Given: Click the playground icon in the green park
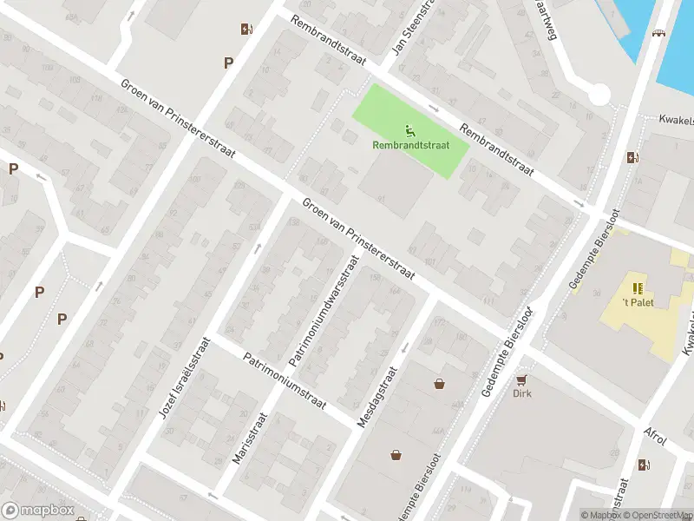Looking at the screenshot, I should (x=410, y=132).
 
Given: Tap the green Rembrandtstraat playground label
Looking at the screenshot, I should (x=411, y=146).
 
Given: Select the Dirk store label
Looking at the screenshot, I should (x=521, y=392).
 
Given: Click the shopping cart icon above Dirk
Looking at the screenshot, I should (x=521, y=379).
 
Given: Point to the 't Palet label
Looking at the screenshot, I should (x=637, y=302).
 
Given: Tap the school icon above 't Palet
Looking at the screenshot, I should (x=638, y=288).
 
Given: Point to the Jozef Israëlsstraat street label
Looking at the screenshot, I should (x=185, y=378).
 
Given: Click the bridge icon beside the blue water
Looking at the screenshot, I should (x=658, y=34).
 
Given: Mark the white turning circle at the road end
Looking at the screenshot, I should (x=599, y=94).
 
